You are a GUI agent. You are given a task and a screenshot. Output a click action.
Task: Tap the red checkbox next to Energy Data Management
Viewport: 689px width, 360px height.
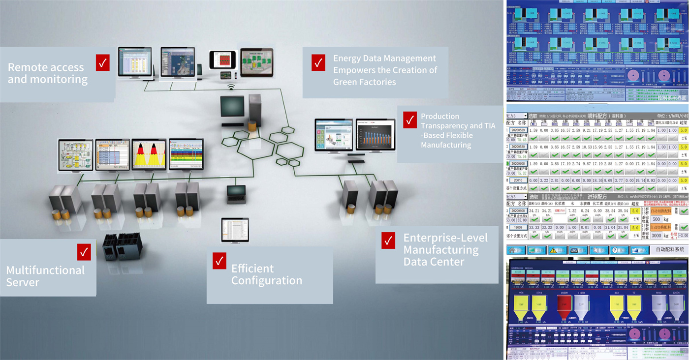[318, 62]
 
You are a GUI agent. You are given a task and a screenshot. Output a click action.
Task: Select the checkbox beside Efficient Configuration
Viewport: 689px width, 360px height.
[219, 261]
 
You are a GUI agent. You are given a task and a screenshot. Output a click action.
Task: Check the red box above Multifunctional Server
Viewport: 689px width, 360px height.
[84, 252]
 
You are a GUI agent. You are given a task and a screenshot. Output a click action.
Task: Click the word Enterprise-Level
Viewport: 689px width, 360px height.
[445, 238]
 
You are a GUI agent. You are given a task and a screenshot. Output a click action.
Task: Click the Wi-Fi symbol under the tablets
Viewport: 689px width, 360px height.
[231, 88]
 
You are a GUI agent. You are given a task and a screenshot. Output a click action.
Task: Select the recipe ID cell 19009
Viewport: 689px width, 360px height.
[517, 228]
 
